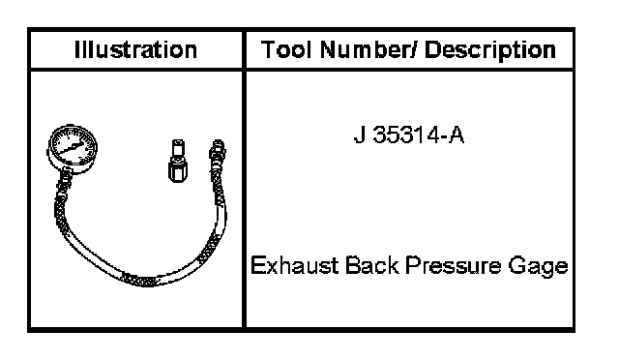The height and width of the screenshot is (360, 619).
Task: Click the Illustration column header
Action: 135,50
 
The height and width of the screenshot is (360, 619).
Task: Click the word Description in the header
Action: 490,51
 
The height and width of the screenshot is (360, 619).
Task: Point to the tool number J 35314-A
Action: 408,135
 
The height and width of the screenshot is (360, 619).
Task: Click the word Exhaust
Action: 294,265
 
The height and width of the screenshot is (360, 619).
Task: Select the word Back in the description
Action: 371,265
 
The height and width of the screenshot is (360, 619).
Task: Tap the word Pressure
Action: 453,265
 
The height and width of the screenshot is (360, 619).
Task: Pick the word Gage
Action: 538,266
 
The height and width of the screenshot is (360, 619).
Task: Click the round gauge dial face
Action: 73,146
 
